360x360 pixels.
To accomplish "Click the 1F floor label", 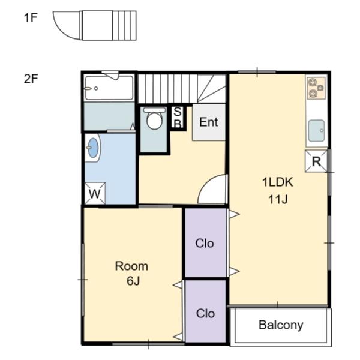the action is click(x=31, y=17).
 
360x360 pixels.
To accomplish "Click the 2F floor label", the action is click(x=31, y=79).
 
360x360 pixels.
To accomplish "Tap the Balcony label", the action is click(x=281, y=325).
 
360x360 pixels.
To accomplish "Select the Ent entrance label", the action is click(x=208, y=122).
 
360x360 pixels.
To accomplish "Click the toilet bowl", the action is click(x=155, y=119).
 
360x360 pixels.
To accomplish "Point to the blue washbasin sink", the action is click(x=93, y=148).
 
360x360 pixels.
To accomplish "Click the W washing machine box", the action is click(x=95, y=194).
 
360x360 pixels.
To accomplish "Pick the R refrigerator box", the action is click(x=316, y=161).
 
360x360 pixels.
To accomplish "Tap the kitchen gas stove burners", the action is click(x=316, y=88).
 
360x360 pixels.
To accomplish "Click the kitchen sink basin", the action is click(x=316, y=131).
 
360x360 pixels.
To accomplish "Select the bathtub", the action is click(x=109, y=88).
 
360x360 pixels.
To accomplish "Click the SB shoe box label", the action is click(x=178, y=118).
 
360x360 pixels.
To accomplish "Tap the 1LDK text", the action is click(x=278, y=182).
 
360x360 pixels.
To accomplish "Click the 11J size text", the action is click(x=278, y=199).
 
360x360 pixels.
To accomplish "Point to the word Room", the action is click(x=131, y=266).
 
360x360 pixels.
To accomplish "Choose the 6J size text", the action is click(x=133, y=281).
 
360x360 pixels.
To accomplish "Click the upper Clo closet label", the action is click(x=205, y=244).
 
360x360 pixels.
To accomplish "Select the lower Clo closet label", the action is click(x=205, y=313).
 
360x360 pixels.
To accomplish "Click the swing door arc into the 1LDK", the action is click(x=205, y=181).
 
